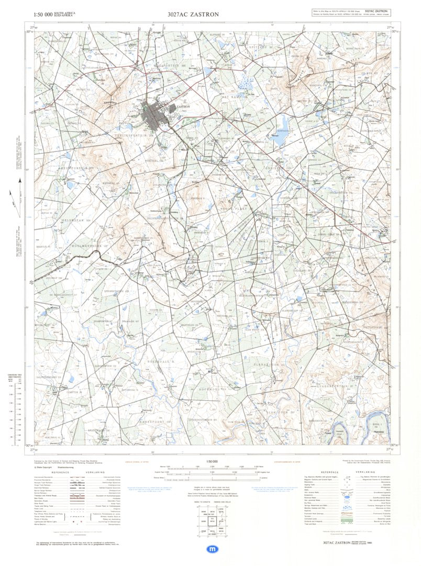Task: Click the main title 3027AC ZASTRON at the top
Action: (x=193, y=14)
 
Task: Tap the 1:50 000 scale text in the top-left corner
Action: (x=45, y=15)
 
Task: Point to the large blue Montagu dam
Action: (x=280, y=138)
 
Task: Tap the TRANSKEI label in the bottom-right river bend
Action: (x=371, y=431)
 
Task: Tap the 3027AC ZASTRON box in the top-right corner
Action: (x=376, y=10)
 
